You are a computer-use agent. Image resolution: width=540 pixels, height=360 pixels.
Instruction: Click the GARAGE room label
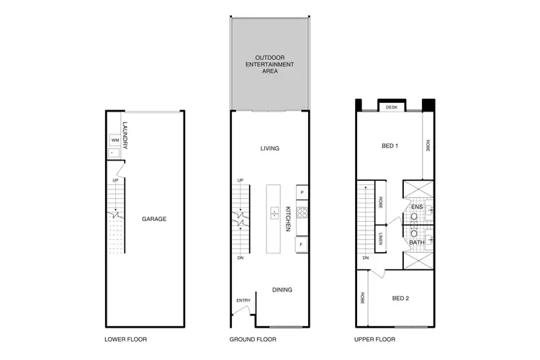click(154, 219)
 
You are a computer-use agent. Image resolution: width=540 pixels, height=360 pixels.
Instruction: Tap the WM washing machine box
click(114, 140)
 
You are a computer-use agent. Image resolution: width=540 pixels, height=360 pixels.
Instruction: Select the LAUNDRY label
click(125, 137)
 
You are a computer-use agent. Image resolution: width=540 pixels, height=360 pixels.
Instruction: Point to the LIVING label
click(270, 149)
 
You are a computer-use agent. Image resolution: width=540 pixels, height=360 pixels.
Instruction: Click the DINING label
click(282, 290)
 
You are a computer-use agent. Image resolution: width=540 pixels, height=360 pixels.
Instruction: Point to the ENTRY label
click(243, 300)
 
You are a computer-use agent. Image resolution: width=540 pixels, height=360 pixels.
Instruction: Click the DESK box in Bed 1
click(392, 107)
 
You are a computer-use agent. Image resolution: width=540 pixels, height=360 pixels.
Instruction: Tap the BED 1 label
click(390, 146)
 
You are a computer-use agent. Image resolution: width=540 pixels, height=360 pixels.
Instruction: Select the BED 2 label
click(400, 298)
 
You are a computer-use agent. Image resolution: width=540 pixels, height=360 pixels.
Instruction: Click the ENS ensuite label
click(416, 207)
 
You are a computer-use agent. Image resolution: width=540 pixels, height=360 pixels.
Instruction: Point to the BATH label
click(416, 243)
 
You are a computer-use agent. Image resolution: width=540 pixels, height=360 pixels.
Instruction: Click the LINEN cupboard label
click(379, 238)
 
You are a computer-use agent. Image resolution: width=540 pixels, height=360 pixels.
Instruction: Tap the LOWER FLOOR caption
click(126, 338)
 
